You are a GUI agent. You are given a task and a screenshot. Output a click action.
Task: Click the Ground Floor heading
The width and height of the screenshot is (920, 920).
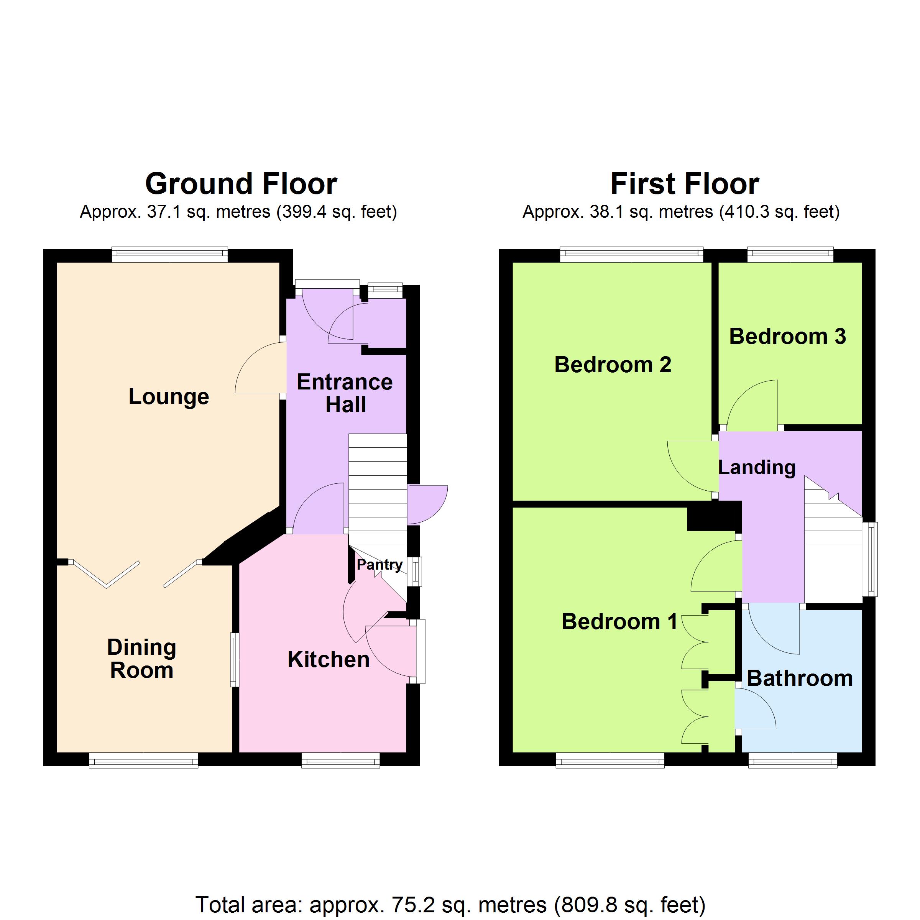click(x=241, y=184)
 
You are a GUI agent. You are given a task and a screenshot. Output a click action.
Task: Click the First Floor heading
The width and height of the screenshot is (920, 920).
click(x=685, y=184)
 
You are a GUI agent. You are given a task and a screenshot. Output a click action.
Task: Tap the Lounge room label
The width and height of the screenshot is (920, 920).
click(x=169, y=397)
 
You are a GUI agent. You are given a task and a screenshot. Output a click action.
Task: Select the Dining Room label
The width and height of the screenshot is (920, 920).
click(x=141, y=659)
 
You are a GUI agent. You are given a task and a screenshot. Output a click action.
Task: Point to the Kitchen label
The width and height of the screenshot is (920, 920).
click(x=329, y=659)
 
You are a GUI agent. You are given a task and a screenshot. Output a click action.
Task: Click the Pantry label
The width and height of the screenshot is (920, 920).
click(x=379, y=565)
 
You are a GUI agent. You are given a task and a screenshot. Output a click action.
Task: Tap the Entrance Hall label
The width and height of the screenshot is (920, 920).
click(x=345, y=393)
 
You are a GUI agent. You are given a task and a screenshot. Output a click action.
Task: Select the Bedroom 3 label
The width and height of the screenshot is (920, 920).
click(x=788, y=336)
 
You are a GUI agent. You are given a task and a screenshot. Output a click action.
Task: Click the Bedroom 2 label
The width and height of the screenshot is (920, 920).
click(x=613, y=365)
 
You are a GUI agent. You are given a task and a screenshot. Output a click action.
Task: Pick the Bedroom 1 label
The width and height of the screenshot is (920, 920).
click(x=619, y=621)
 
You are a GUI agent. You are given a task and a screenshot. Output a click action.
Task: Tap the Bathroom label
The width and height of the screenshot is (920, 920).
click(x=800, y=678)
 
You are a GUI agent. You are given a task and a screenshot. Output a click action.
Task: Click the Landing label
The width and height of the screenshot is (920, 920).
click(x=757, y=468)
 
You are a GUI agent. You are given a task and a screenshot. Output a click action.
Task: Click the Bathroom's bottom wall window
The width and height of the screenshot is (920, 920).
click(x=793, y=761)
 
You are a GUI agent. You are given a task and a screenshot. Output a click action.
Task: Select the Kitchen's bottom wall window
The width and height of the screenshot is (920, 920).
click(x=341, y=761)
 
